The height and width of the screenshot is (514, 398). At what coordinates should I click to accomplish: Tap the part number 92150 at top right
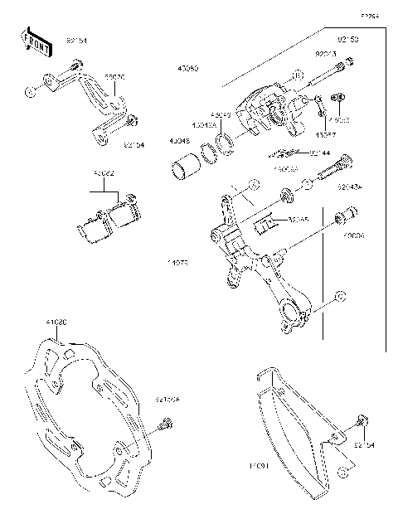point(347,39)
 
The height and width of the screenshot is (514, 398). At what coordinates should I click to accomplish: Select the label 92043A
point(349,187)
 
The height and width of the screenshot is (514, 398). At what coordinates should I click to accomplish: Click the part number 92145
point(298,220)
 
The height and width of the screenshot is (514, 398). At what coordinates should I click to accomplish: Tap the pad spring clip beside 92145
point(267,224)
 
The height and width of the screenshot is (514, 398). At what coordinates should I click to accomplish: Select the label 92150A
point(167,400)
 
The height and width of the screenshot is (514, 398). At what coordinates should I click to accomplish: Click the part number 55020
point(114,76)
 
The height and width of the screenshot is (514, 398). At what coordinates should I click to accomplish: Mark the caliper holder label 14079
point(178,263)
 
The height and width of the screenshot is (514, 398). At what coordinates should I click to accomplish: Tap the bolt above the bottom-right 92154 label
point(360,423)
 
